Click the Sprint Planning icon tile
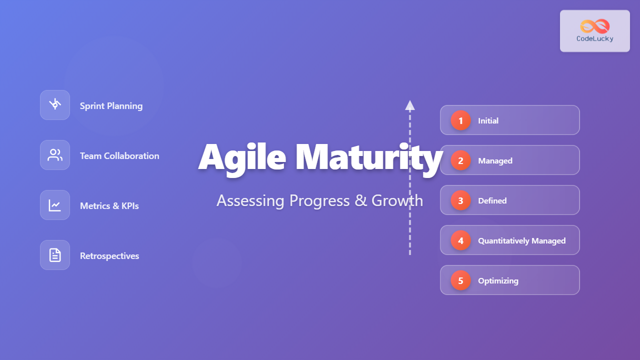pyautogui.click(x=55, y=105)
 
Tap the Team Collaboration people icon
pyautogui.click(x=55, y=155)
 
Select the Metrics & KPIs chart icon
pyautogui.click(x=55, y=205)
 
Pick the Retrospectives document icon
pyautogui.click(x=55, y=255)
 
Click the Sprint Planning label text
pyautogui.click(x=111, y=106)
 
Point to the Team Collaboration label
pyautogui.click(x=119, y=156)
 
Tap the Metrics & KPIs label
pyautogui.click(x=109, y=206)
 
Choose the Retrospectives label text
pyautogui.click(x=109, y=256)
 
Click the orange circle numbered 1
pyautogui.click(x=460, y=120)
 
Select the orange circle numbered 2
pyautogui.click(x=460, y=160)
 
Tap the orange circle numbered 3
pyautogui.click(x=460, y=200)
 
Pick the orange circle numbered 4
pyautogui.click(x=460, y=240)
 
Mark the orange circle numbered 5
pyautogui.click(x=460, y=280)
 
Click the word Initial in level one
pyautogui.click(x=488, y=120)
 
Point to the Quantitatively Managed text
pyautogui.click(x=521, y=240)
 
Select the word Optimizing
pyautogui.click(x=498, y=280)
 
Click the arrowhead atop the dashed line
pyautogui.click(x=410, y=105)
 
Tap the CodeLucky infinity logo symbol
pyautogui.click(x=594, y=26)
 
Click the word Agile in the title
pyautogui.click(x=242, y=157)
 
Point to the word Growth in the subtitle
pyautogui.click(x=397, y=200)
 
